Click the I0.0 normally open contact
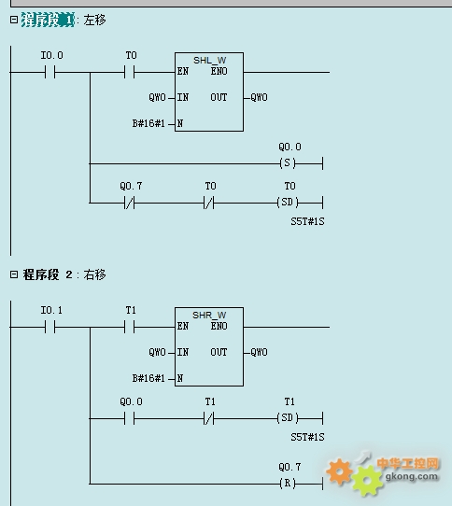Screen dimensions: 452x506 pyautogui.click(x=50, y=72)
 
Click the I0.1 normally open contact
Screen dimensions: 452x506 pyautogui.click(x=50, y=327)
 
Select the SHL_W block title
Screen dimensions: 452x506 pyautogui.click(x=209, y=61)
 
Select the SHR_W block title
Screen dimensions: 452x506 pyautogui.click(x=209, y=315)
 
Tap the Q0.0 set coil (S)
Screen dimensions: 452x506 pyautogui.click(x=288, y=163)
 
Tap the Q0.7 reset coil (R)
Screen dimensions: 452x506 pyautogui.click(x=288, y=484)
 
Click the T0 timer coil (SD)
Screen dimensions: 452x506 pyautogui.click(x=288, y=203)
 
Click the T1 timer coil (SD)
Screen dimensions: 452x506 pyautogui.click(x=288, y=418)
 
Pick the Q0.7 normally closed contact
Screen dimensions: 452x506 pyautogui.click(x=130, y=203)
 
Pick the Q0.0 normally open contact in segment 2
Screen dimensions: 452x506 pyautogui.click(x=130, y=418)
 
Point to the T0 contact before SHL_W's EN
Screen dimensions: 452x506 pyautogui.click(x=130, y=72)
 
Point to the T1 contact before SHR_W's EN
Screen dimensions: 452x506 pyautogui.click(x=130, y=327)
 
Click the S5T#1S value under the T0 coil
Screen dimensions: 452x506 pyautogui.click(x=307, y=221)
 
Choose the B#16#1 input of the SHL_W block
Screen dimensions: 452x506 pyautogui.click(x=148, y=123)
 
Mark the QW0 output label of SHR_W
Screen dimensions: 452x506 pyautogui.click(x=259, y=352)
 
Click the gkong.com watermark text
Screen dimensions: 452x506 pyautogui.click(x=412, y=477)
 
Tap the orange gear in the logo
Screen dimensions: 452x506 pyautogui.click(x=340, y=471)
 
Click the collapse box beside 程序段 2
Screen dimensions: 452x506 pyautogui.click(x=14, y=274)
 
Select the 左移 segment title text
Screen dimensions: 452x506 pyautogui.click(x=94, y=20)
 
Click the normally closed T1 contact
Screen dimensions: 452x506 pyautogui.click(x=209, y=418)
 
